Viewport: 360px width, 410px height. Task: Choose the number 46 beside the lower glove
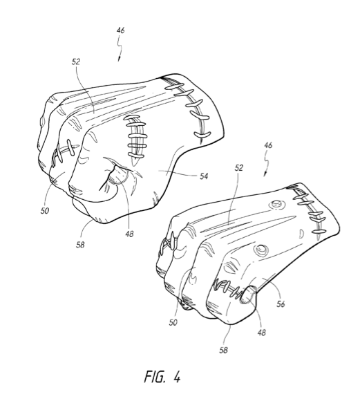pyautogui.click(x=268, y=146)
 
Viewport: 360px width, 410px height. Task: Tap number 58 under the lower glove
pyautogui.click(x=223, y=351)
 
